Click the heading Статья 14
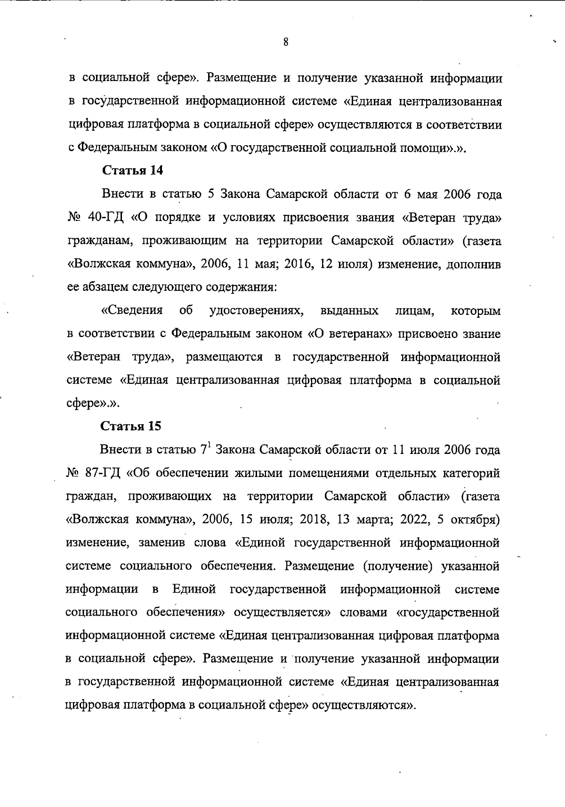click(x=133, y=171)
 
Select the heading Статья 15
click(x=131, y=426)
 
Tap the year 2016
click(x=299, y=264)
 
